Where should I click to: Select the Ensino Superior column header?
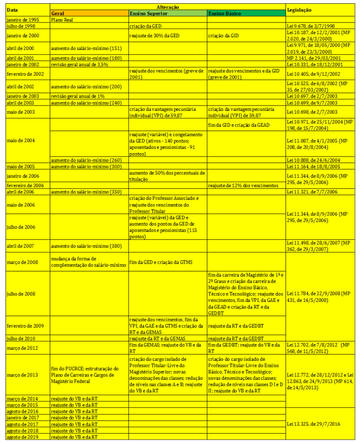(148, 13)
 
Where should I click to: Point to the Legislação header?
(299, 10)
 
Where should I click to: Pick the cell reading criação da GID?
(224, 35)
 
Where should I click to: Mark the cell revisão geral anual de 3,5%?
(80, 64)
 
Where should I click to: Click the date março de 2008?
(22, 262)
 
